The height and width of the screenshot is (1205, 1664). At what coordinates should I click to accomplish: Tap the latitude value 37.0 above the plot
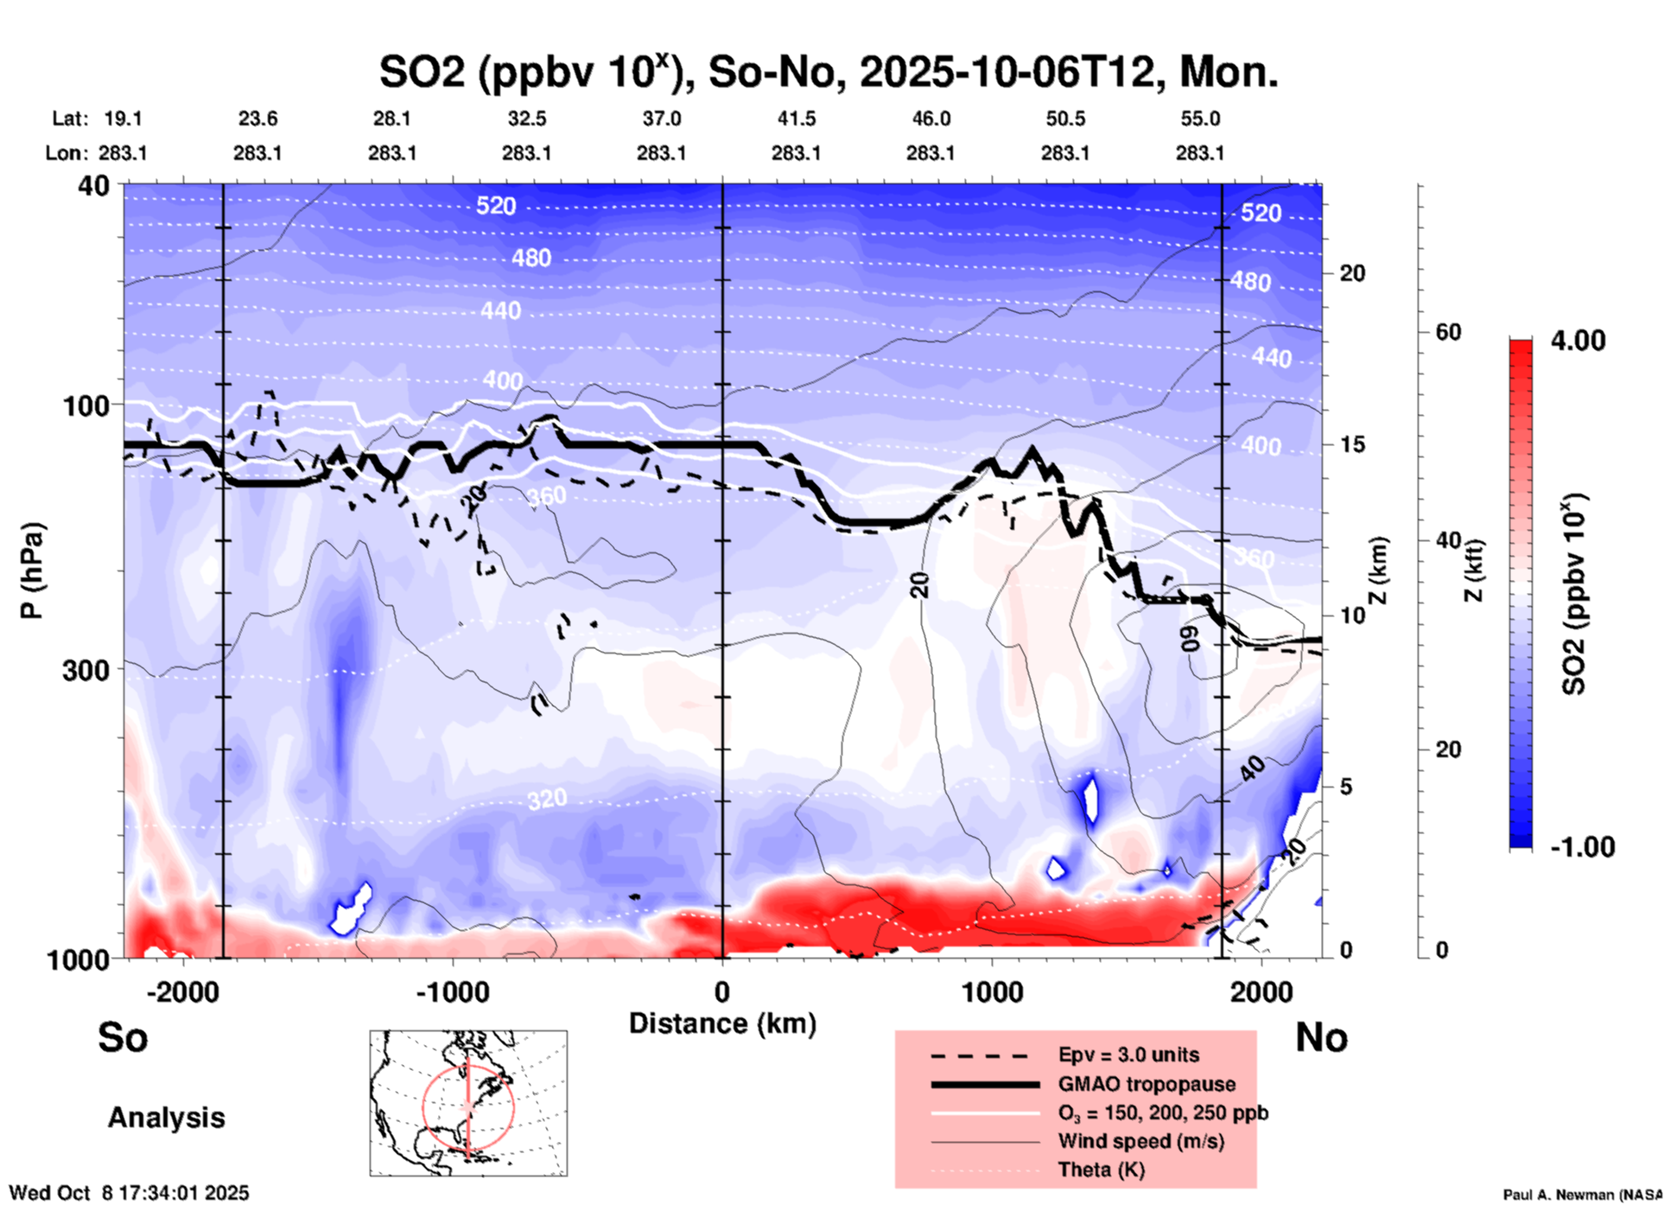(x=661, y=118)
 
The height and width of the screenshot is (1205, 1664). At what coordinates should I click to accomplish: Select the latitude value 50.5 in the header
(x=1065, y=118)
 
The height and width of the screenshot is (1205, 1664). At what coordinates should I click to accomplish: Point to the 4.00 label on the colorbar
(x=1578, y=341)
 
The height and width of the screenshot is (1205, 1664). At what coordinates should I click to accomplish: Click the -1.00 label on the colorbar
(x=1581, y=846)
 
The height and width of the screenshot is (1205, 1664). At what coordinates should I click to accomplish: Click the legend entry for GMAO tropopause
(x=1146, y=1084)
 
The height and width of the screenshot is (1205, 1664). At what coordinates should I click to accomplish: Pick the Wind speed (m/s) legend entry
(x=1140, y=1141)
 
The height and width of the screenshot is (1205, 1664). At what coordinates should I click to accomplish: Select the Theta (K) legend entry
(x=1101, y=1170)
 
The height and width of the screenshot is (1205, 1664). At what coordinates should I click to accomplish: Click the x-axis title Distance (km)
(x=722, y=1023)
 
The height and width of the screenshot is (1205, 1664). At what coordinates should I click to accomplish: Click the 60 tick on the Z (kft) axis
(x=1448, y=332)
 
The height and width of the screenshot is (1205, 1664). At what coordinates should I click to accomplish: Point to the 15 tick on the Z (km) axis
(x=1352, y=444)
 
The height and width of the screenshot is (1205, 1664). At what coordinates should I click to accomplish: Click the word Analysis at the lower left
(x=166, y=1118)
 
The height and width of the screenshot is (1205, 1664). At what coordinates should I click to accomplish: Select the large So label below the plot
(x=123, y=1037)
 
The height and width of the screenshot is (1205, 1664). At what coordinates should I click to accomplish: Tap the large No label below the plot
(x=1321, y=1037)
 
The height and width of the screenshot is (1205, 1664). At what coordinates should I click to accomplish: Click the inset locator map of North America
(x=468, y=1102)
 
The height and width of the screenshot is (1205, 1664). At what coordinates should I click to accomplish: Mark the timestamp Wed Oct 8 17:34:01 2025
(x=129, y=1193)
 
